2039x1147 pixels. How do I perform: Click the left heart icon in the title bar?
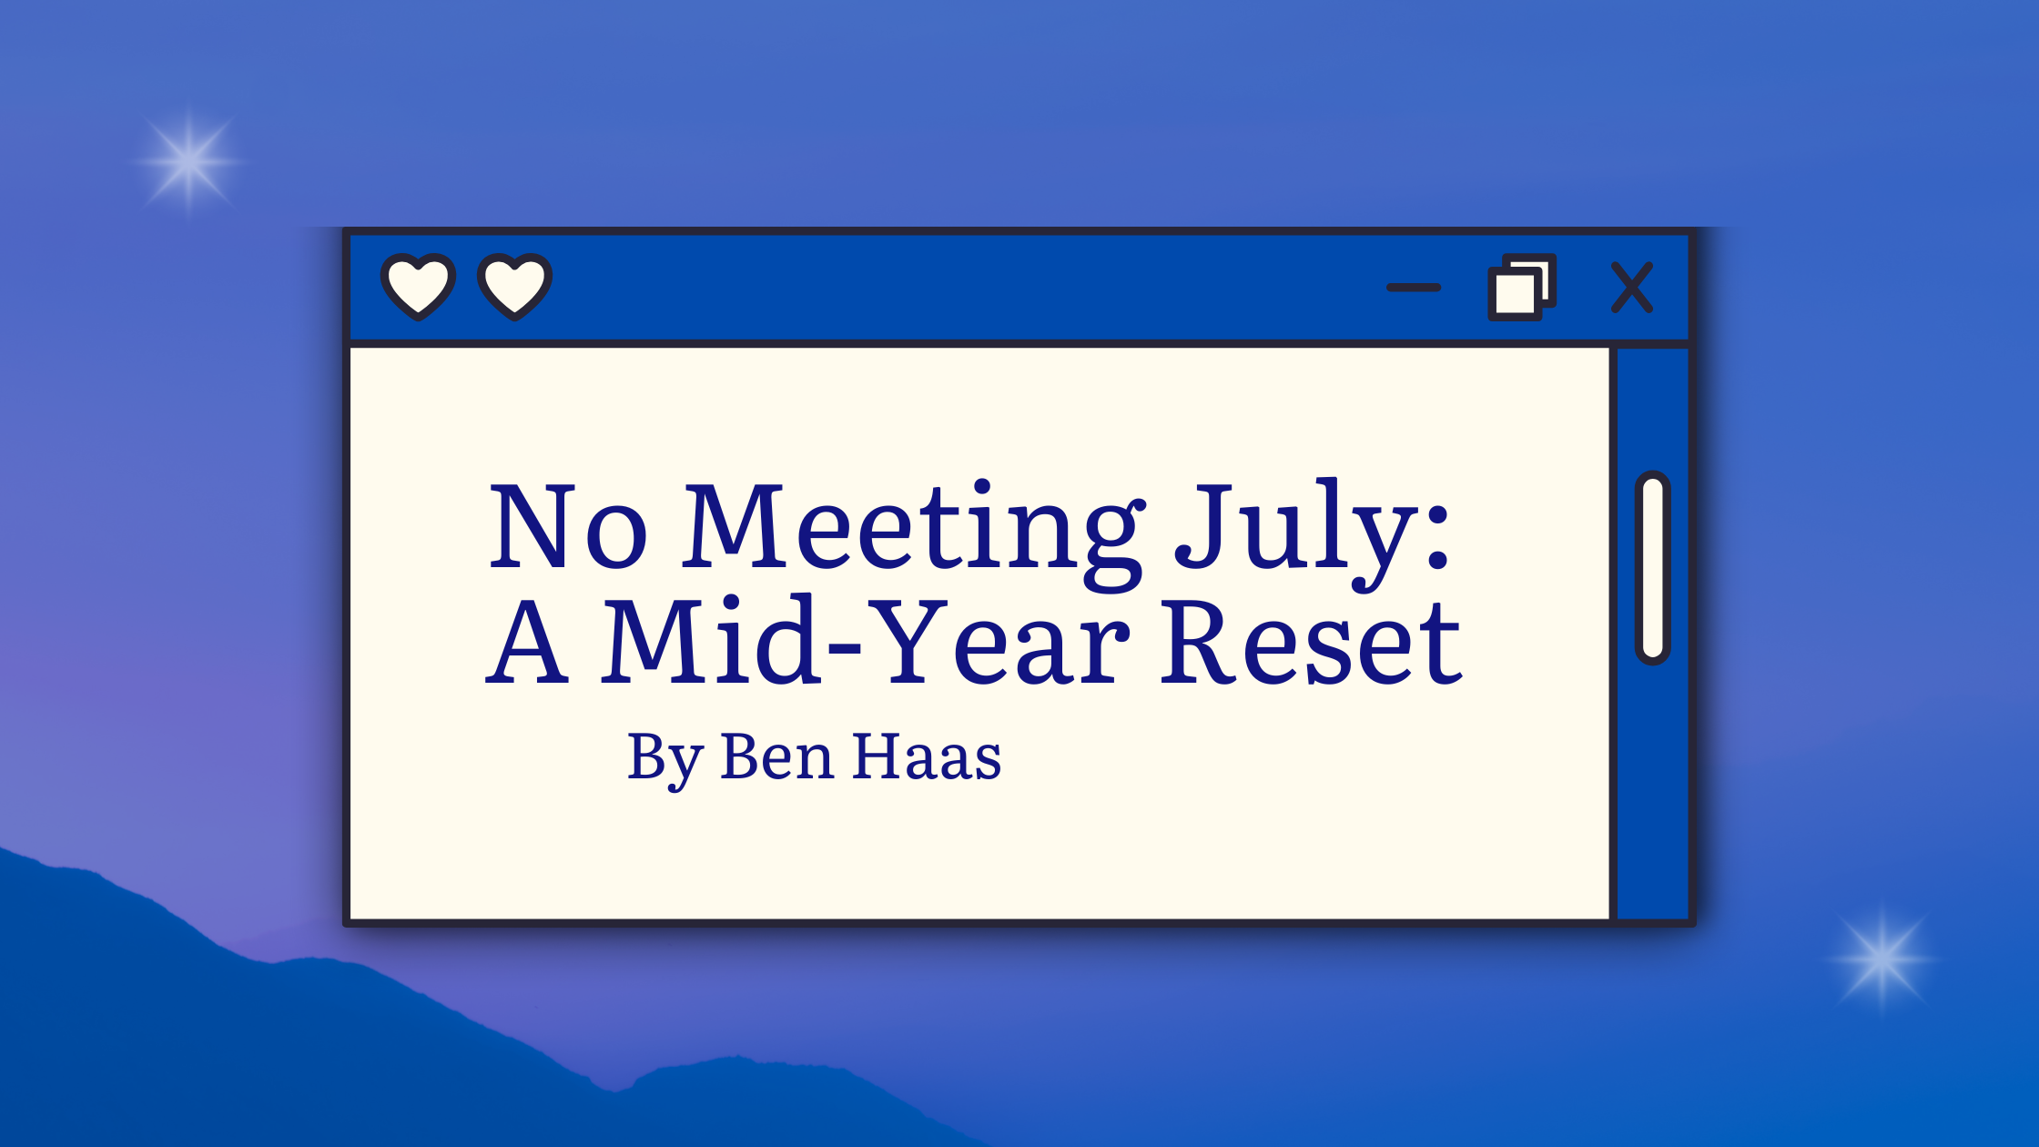pos(418,287)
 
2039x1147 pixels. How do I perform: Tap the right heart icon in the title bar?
pos(514,287)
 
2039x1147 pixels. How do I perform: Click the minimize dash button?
pos(1413,288)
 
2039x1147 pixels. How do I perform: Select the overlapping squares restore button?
pos(1521,287)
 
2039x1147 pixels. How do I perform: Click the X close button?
pos(1631,288)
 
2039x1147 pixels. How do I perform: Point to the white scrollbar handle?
pos(1652,568)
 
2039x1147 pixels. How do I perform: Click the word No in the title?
pos(568,526)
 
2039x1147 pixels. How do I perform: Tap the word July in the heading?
pos(1293,535)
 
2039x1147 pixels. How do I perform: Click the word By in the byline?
pos(665,758)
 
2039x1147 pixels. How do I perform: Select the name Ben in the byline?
pos(776,756)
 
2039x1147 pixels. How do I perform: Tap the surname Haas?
pos(927,756)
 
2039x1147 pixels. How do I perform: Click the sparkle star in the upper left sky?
pos(188,162)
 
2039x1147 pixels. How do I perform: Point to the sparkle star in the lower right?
pos(1882,959)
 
